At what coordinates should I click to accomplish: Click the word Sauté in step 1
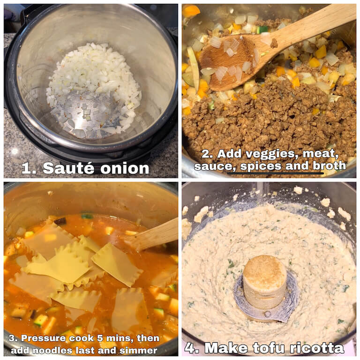pyautogui.click(x=68, y=168)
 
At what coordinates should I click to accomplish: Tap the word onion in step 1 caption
pyautogui.click(x=125, y=168)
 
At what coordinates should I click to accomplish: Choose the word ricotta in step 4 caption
pyautogui.click(x=317, y=348)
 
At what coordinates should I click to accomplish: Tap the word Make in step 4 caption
pyautogui.click(x=226, y=348)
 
